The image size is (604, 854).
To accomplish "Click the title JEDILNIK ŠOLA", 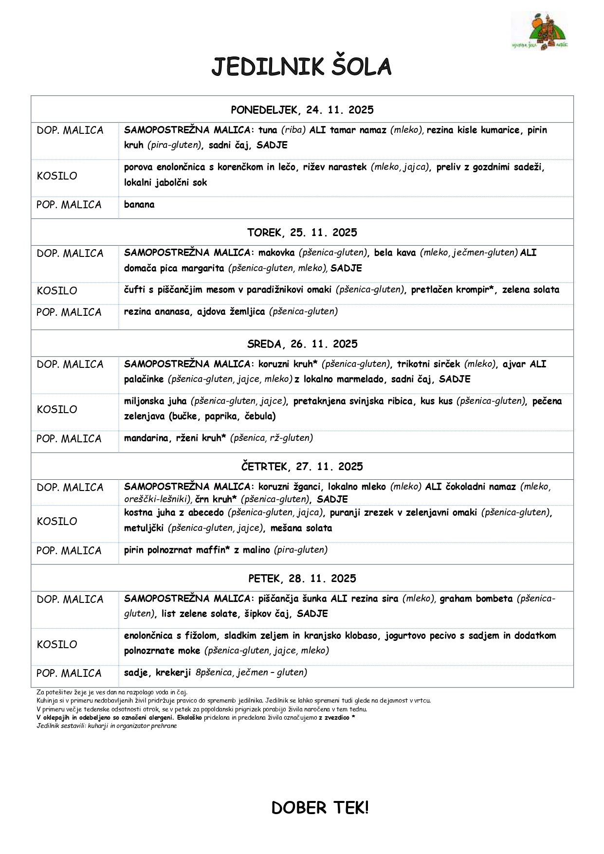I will pyautogui.click(x=301, y=67).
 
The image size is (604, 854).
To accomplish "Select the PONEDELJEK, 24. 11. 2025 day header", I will pyautogui.click(x=302, y=110).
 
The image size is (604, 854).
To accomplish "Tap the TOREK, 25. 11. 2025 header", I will pyautogui.click(x=302, y=233).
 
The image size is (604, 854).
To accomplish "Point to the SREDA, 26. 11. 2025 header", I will pyautogui.click(x=302, y=344).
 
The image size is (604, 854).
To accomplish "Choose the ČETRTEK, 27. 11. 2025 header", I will pyautogui.click(x=302, y=467).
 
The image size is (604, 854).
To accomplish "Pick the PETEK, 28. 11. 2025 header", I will pyautogui.click(x=302, y=579).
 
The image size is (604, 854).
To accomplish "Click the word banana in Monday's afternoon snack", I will pyautogui.click(x=139, y=204).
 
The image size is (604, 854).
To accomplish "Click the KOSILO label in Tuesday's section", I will pyautogui.click(x=57, y=291).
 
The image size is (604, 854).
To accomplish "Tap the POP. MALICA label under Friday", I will pyautogui.click(x=69, y=673).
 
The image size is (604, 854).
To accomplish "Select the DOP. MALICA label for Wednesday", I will pyautogui.click(x=70, y=364).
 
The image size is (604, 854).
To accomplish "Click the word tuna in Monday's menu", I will pyautogui.click(x=268, y=130).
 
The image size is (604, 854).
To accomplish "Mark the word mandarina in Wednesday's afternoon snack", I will pyautogui.click(x=146, y=438).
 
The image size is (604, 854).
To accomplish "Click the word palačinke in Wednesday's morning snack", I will pyautogui.click(x=144, y=379).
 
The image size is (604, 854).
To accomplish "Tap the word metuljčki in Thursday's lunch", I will pyautogui.click(x=144, y=528).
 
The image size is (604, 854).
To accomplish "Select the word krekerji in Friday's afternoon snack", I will pyautogui.click(x=173, y=672).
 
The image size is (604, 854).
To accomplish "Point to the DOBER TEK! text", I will pyautogui.click(x=320, y=808).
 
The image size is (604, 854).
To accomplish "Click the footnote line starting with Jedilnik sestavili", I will pyautogui.click(x=107, y=726).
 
